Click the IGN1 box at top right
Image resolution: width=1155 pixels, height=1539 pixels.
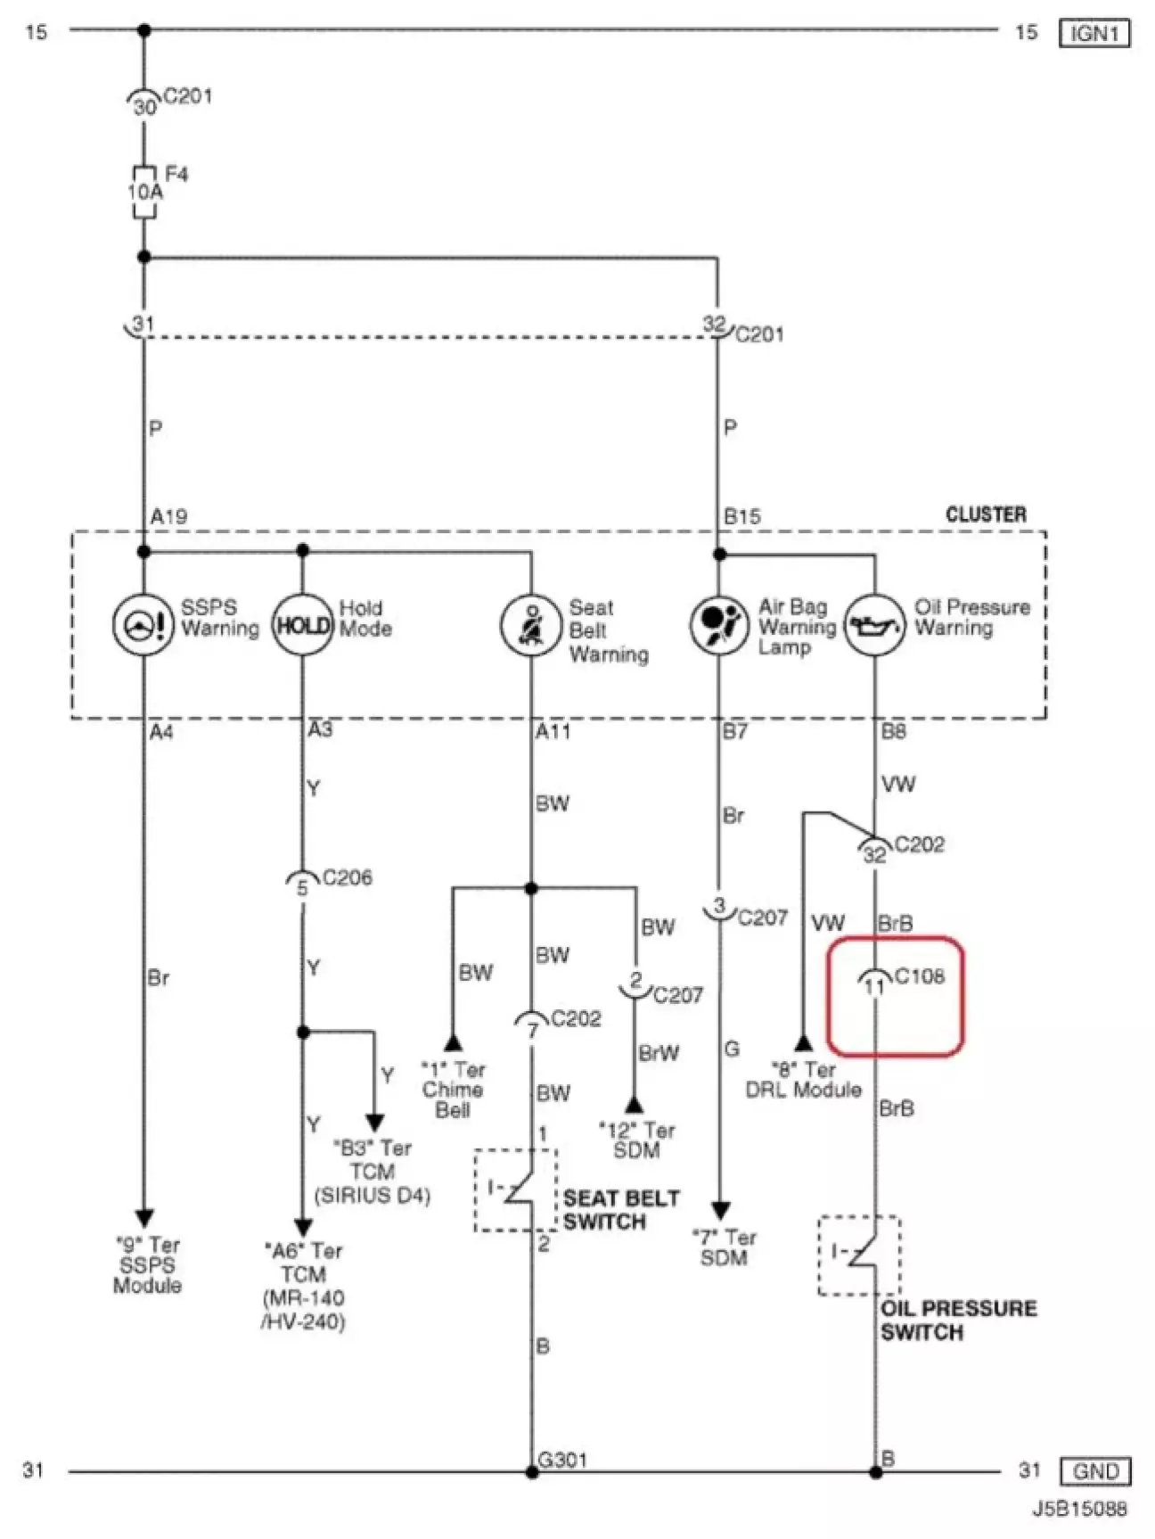pos(1094,33)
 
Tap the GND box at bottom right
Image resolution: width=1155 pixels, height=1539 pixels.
pos(1095,1470)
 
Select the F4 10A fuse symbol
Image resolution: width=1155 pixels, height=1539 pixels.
pos(144,192)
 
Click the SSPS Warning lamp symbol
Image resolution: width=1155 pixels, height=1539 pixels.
pos(143,624)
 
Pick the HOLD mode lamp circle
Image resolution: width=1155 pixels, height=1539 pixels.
pos(302,624)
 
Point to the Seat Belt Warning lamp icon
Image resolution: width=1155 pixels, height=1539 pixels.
pos(531,624)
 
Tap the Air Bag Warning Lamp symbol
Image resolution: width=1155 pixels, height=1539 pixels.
pos(719,625)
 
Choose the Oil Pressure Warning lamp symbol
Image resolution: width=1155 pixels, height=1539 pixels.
pos(874,625)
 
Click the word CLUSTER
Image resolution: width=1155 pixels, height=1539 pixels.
pos(986,514)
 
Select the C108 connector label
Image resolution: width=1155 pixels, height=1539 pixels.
pos(920,976)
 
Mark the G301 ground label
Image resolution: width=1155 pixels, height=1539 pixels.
pos(562,1460)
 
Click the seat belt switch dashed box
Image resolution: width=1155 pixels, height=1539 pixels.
pos(516,1190)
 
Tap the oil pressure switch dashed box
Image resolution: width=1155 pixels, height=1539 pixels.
pos(859,1255)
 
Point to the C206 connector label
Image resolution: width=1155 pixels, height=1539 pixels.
pos(348,877)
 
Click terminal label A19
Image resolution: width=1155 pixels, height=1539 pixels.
pos(168,516)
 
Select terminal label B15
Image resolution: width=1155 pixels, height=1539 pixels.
pos(742,516)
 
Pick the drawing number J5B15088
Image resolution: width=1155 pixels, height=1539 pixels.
pos(1080,1509)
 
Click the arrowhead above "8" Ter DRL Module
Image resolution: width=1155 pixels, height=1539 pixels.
pos(803,1042)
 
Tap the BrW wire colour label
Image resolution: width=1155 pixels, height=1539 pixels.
pos(659,1053)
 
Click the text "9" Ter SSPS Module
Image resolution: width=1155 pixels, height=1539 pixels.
pos(147,1265)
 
